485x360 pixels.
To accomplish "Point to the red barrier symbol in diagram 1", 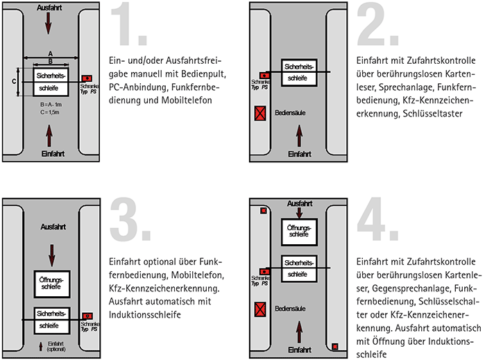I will point(86,78).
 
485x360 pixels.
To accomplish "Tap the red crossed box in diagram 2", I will point(260,112).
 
